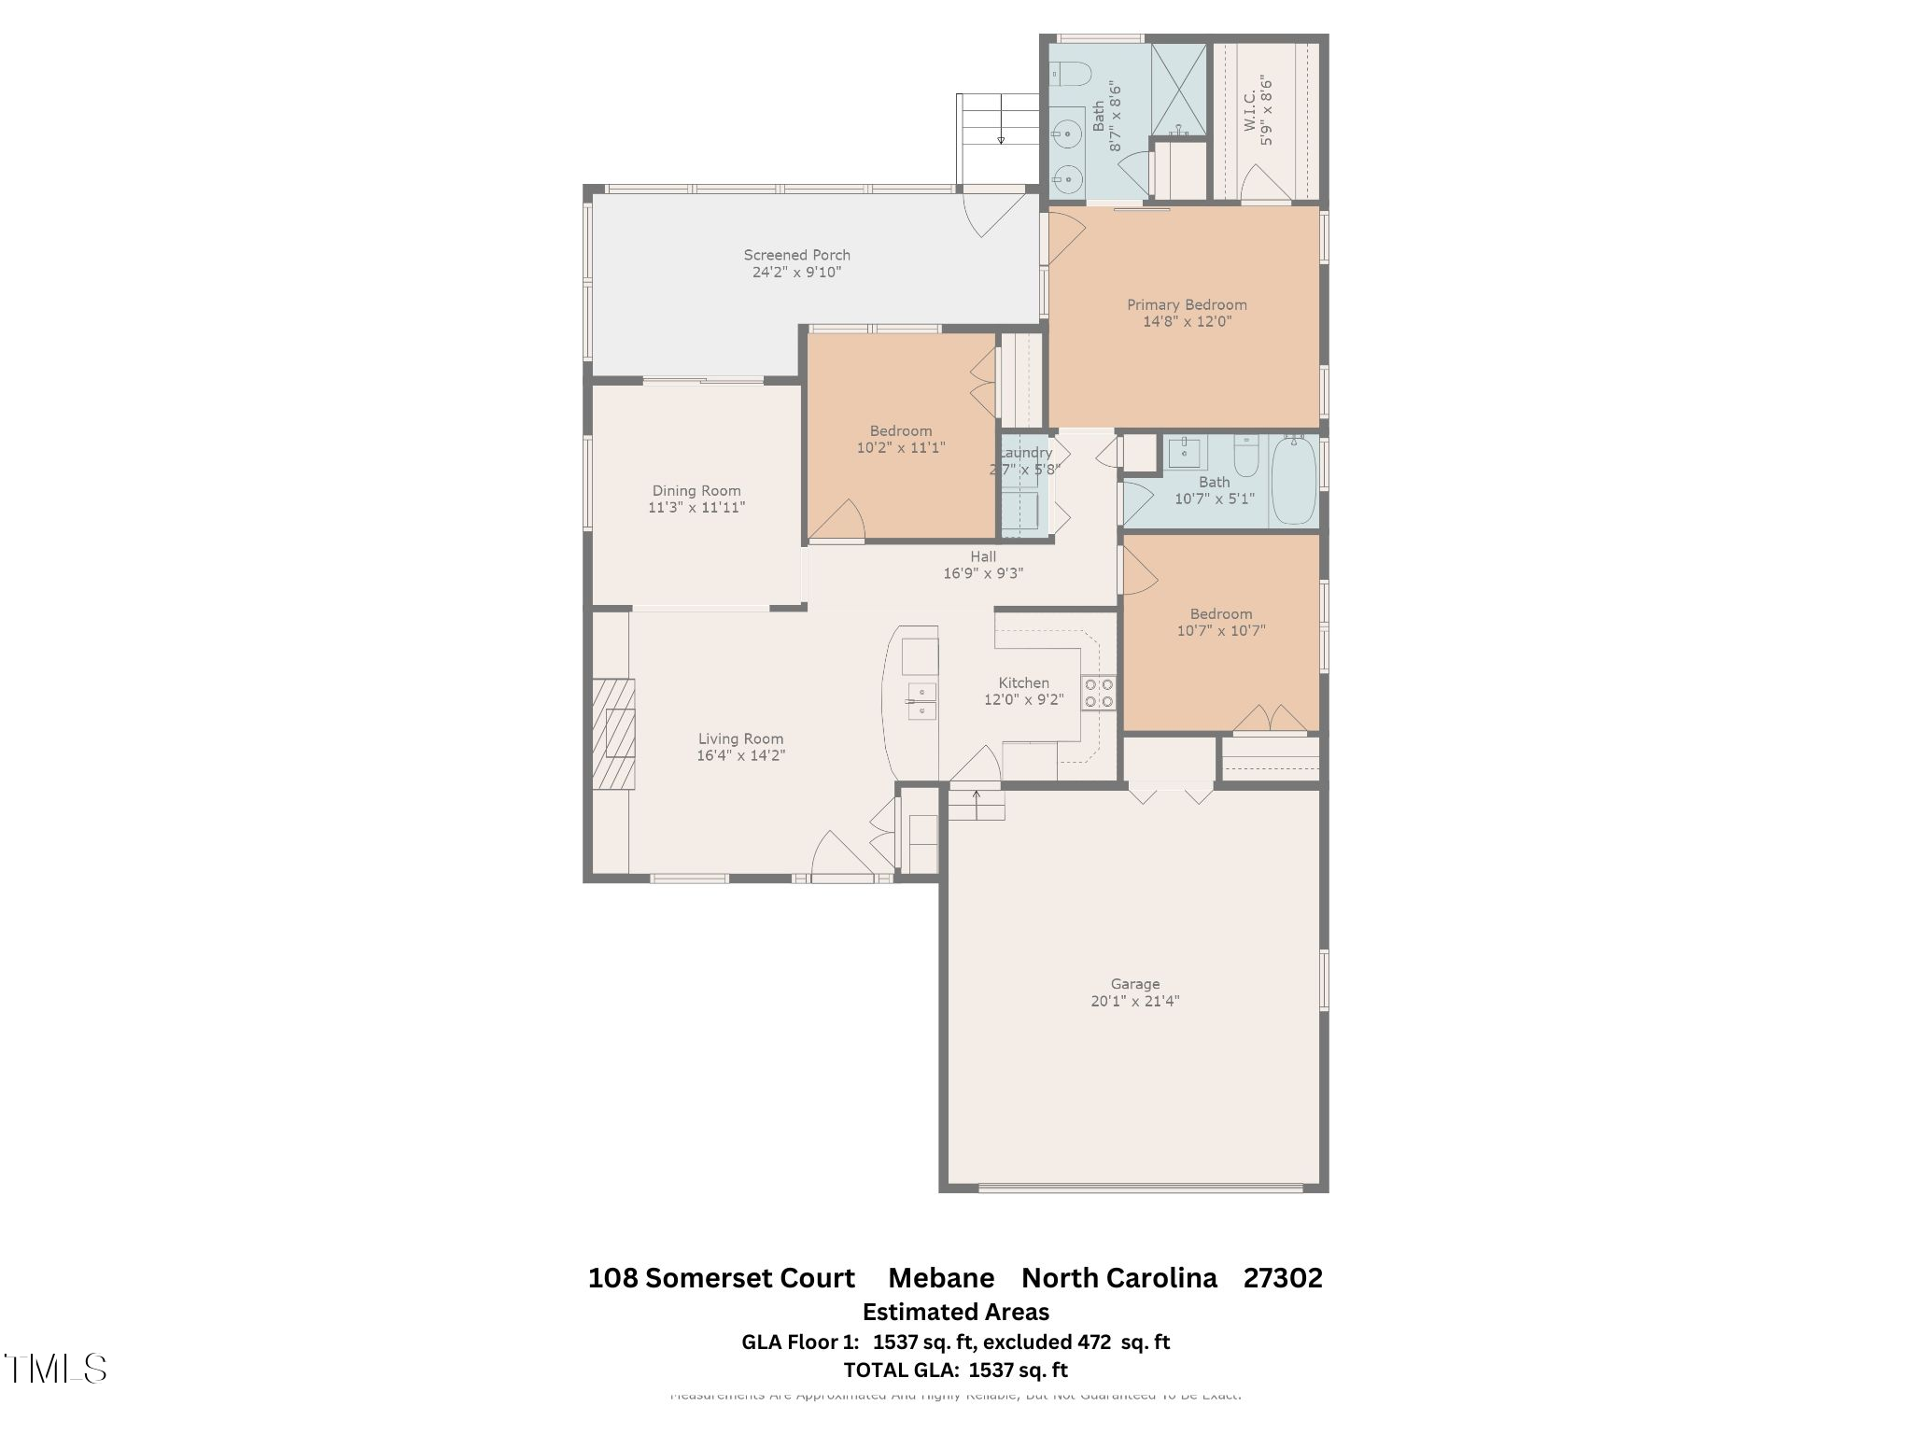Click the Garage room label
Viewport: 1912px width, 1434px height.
coord(1134,984)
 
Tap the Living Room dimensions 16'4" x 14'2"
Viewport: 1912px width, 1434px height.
coord(740,756)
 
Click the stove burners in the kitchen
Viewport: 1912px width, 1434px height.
coord(1098,693)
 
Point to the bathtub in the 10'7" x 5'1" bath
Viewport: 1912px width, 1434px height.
coord(1293,481)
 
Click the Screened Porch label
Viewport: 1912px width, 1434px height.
coord(796,255)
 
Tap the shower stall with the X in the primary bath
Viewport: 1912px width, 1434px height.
coord(1178,89)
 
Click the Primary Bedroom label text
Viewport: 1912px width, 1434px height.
coord(1186,305)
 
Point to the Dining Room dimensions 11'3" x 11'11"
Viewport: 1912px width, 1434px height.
coord(696,508)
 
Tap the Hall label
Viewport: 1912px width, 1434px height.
coord(982,556)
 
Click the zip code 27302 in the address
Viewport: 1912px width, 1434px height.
coord(1282,1278)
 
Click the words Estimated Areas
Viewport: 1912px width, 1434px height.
coord(955,1312)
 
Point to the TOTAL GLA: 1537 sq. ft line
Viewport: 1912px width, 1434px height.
coord(955,1371)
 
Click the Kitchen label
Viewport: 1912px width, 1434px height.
coord(1023,683)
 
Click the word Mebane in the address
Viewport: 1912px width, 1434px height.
coord(940,1278)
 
